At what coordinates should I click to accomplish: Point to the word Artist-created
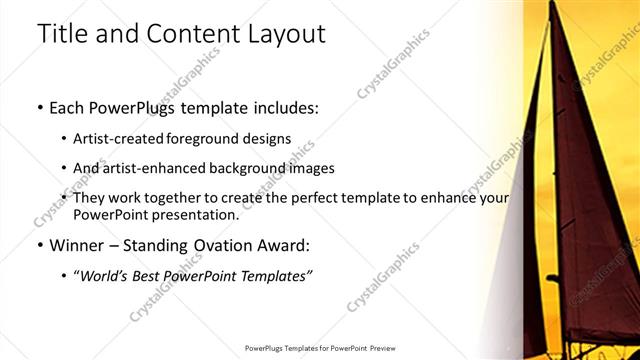(117, 138)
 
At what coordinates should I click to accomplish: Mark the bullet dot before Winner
(39, 245)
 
